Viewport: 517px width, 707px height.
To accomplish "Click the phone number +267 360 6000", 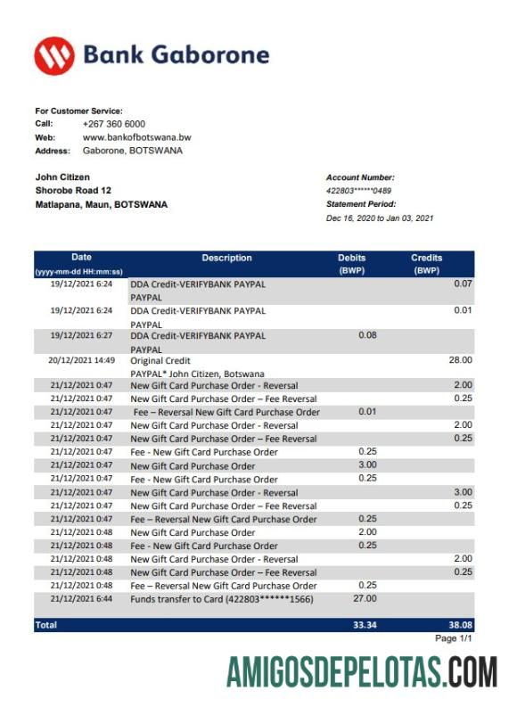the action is click(114, 124).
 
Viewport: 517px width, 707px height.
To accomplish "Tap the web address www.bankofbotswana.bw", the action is click(136, 137).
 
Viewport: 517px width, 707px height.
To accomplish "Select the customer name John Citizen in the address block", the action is click(62, 177).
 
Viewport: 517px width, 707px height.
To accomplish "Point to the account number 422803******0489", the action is click(358, 191).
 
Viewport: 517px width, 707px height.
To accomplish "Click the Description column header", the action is click(226, 259).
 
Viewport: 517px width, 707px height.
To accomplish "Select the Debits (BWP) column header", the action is click(351, 264).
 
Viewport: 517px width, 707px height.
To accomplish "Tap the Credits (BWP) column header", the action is click(426, 264).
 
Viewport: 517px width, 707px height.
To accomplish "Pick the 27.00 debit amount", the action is click(365, 599).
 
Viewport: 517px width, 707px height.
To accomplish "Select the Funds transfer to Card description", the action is click(234, 599).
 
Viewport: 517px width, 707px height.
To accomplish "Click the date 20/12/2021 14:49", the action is click(82, 360).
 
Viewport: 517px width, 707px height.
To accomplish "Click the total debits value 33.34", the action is click(364, 626).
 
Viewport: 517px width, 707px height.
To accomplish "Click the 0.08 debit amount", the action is click(366, 335).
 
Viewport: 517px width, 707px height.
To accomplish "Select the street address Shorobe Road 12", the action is click(73, 191).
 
